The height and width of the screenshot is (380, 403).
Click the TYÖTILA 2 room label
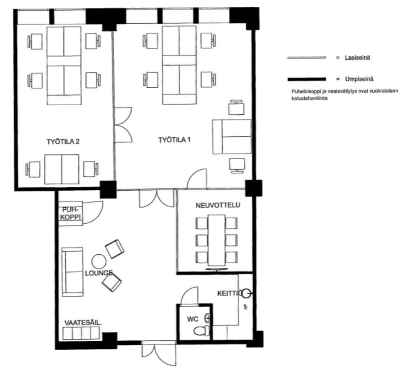tap(63, 142)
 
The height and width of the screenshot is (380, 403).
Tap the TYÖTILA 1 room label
tap(174, 140)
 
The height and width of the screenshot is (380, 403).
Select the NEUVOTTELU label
tap(218, 205)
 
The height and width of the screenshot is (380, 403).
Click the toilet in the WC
tap(201, 331)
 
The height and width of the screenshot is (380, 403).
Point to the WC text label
tap(193, 319)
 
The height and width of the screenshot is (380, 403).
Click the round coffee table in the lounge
tap(99, 262)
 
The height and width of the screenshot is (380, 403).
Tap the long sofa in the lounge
tap(73, 272)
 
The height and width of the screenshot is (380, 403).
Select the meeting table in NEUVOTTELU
tap(217, 240)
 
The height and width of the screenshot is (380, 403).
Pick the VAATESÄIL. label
tap(83, 323)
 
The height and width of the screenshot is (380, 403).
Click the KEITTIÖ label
tap(230, 293)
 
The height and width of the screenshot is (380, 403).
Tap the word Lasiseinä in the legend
tap(357, 58)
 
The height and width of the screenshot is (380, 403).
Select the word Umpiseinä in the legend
tap(359, 79)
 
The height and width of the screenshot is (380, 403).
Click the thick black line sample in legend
tap(307, 79)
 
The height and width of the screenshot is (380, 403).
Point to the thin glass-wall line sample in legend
tap(307, 58)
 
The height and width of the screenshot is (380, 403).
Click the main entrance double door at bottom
tap(159, 353)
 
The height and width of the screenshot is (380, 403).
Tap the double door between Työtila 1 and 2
tap(123, 125)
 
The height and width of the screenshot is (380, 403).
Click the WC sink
tap(207, 318)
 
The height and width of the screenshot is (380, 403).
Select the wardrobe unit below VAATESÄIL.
tap(82, 333)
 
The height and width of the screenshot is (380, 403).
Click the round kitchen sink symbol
tap(246, 293)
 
